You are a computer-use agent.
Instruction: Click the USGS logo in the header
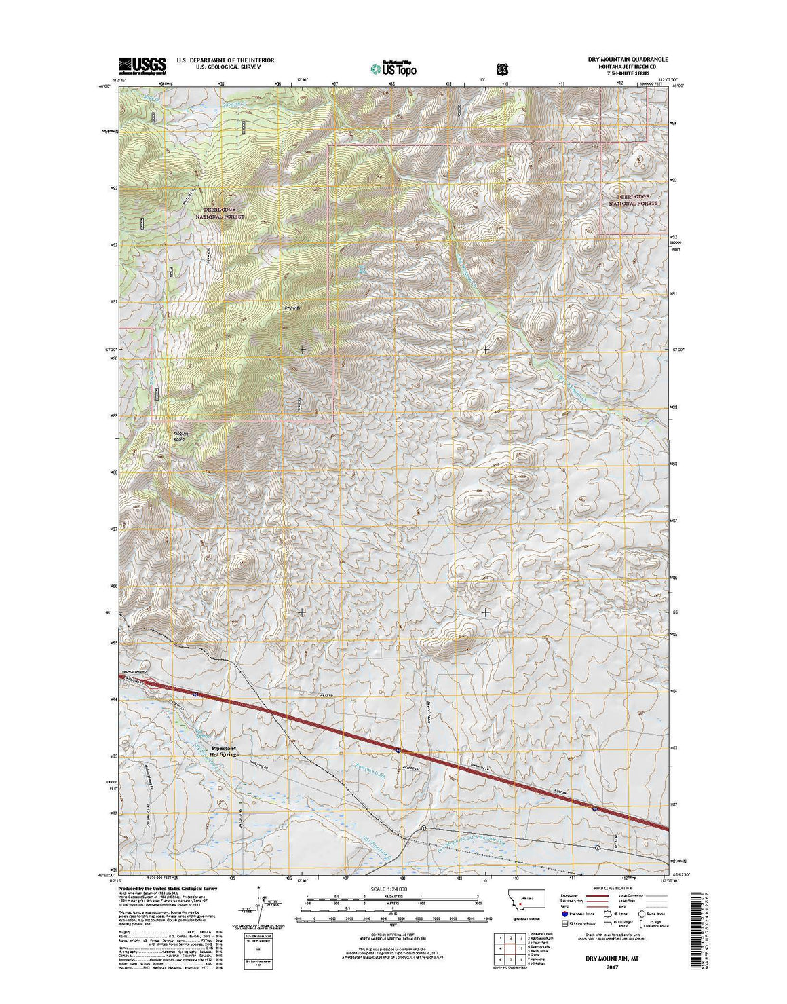142,64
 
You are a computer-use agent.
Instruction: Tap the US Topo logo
394,68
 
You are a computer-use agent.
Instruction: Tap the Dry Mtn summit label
292,308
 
